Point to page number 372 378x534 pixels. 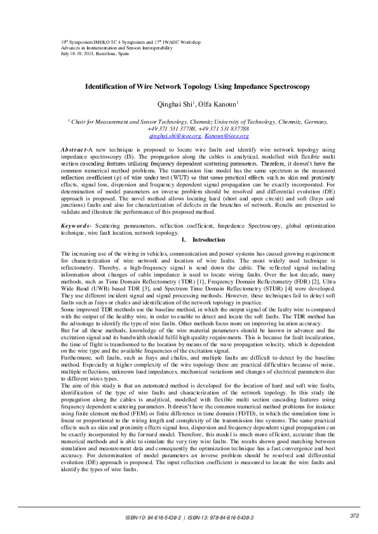click(x=354, y=516)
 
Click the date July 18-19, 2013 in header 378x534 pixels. click(x=79, y=53)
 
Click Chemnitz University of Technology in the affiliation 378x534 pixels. click(x=228, y=120)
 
